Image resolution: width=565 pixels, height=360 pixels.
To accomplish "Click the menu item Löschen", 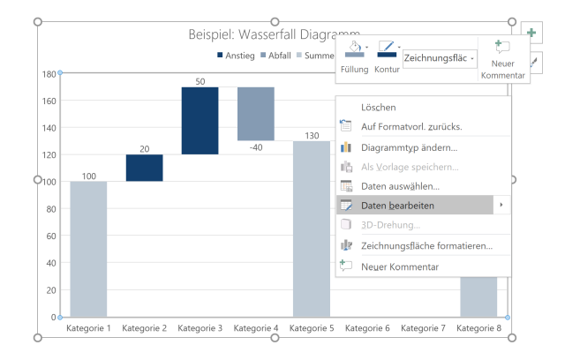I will tap(379, 107).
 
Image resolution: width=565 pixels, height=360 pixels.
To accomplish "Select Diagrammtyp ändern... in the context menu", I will tap(409, 147).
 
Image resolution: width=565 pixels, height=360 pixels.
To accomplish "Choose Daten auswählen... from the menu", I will tap(400, 186).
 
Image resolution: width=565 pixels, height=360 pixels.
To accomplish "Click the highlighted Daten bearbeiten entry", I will tap(397, 206).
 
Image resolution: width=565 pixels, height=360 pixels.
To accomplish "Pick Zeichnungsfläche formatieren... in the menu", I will tap(426, 246).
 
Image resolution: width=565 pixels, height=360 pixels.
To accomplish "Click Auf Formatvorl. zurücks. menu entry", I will tap(411, 126).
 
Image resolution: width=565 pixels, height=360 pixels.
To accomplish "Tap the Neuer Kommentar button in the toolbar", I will tap(503, 60).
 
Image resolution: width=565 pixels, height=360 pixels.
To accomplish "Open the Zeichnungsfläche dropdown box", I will tap(440, 58).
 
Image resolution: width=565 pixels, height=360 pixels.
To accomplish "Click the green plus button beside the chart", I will tap(532, 33).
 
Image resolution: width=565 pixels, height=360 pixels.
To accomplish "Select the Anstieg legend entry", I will tap(236, 56).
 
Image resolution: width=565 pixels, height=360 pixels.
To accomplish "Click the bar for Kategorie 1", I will tap(88, 249).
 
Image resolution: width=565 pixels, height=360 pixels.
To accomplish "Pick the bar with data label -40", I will tap(255, 114).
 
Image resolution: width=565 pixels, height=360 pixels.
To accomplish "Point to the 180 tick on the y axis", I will tap(49, 74).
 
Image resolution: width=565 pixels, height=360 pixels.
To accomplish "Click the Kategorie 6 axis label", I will tap(367, 328).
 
